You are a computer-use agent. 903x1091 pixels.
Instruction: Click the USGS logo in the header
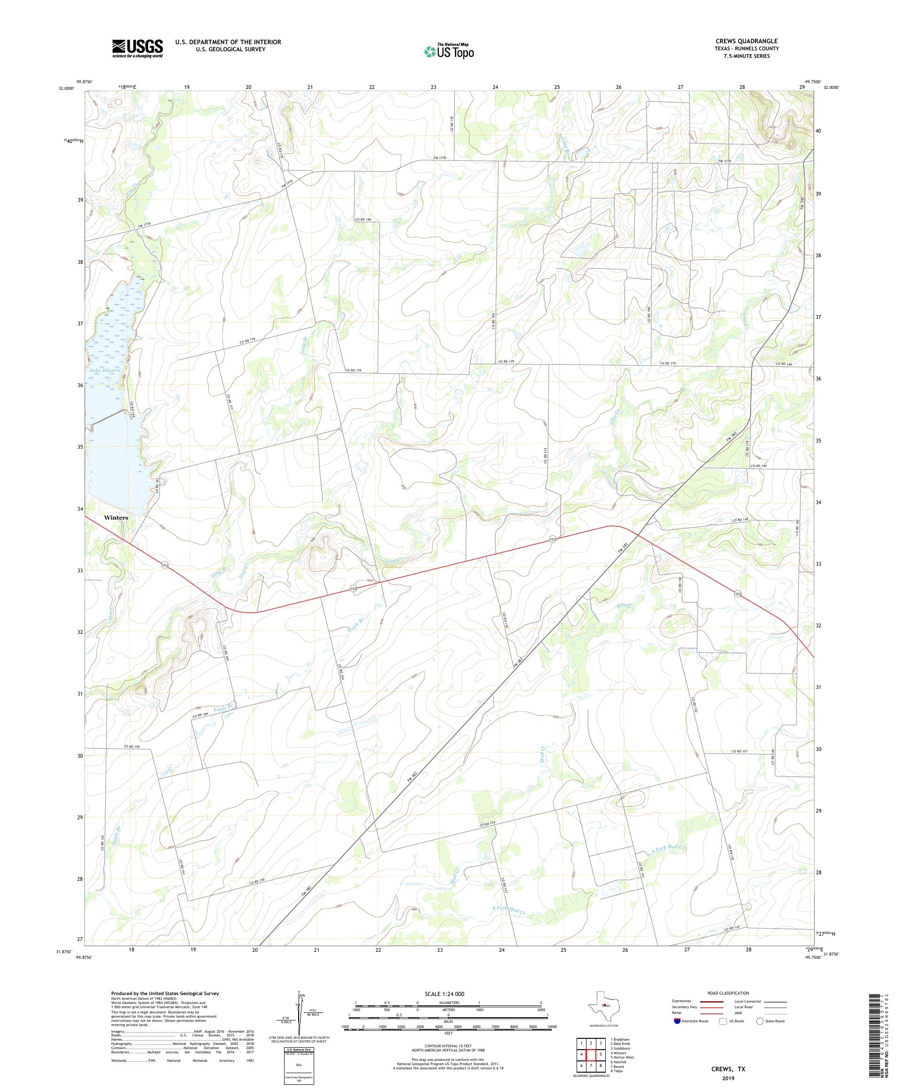click(x=137, y=48)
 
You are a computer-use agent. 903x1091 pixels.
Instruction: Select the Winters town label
click(x=116, y=517)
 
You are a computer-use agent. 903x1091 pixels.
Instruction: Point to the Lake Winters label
click(x=105, y=371)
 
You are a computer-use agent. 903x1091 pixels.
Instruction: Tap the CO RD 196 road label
click(x=363, y=220)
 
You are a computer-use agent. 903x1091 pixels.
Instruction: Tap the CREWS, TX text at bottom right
click(x=728, y=1069)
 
